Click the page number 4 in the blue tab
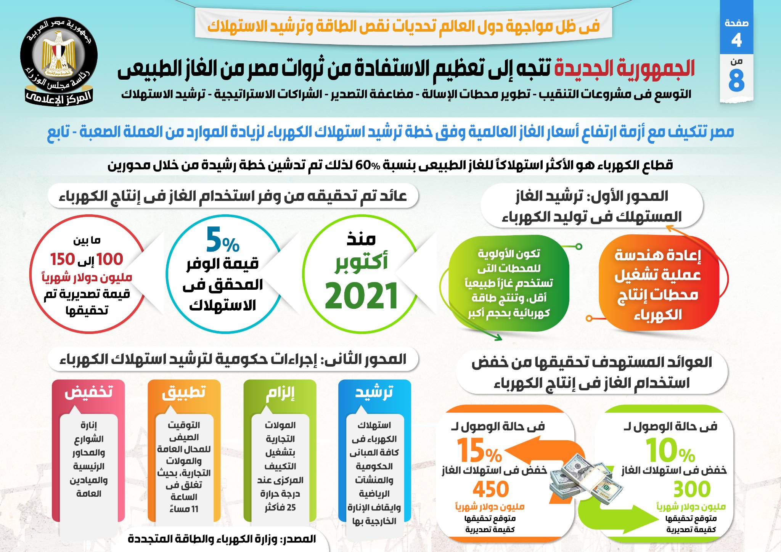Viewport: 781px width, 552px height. [736, 40]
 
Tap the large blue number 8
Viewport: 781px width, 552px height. [736, 81]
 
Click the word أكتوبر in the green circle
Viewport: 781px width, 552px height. [361, 262]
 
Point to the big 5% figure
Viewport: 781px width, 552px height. [223, 240]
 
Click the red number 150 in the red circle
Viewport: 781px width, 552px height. [63, 259]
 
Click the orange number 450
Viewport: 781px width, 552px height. [490, 489]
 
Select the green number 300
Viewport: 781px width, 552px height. [692, 489]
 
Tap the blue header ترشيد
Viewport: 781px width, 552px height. [374, 392]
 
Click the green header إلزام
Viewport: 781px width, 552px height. [280, 393]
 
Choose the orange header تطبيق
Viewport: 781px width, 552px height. [184, 392]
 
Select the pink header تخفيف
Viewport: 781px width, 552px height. [88, 392]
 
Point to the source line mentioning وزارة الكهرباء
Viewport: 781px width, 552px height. [222, 539]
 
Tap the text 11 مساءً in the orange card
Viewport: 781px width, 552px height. [184, 509]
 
